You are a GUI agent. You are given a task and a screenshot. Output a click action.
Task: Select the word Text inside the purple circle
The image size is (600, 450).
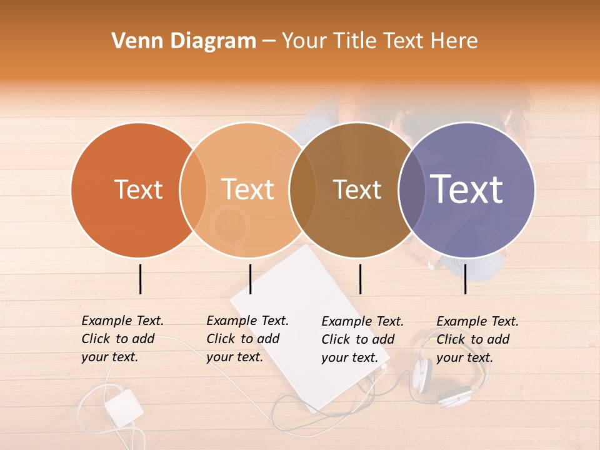coord(467,189)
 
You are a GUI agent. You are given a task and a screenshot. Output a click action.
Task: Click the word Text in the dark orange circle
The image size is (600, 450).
coord(138,189)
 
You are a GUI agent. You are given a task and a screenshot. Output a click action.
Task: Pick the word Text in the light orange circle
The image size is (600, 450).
coord(248,189)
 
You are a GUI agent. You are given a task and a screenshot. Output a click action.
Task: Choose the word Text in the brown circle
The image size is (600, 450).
coord(357,189)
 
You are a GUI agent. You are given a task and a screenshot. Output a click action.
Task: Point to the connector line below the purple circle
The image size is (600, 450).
coord(466,279)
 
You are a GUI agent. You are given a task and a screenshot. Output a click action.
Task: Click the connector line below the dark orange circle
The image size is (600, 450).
coord(140,279)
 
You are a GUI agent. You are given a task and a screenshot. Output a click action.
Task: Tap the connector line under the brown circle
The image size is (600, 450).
coord(361,279)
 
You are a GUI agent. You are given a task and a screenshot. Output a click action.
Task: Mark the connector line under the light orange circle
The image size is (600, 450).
coord(250,279)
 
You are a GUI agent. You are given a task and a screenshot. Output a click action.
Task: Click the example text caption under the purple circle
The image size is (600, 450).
coord(477,339)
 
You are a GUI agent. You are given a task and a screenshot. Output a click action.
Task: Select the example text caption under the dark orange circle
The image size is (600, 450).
coord(122,339)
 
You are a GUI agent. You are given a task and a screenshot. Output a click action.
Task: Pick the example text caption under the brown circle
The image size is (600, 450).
coord(362,339)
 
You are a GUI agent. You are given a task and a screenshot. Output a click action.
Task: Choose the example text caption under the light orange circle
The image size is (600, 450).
coord(247,339)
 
